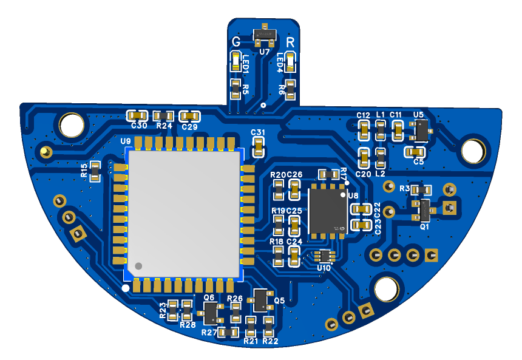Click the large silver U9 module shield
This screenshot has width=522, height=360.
tap(184, 214)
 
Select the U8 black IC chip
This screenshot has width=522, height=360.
tap(328, 211)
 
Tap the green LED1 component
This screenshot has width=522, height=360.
tap(236, 61)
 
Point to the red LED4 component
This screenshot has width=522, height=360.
tap(291, 63)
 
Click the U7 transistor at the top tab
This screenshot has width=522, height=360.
tap(265, 35)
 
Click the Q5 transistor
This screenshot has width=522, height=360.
tap(260, 301)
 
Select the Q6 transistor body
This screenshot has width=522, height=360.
tap(211, 313)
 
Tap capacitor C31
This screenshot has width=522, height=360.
tap(259, 147)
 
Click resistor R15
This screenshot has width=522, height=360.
tap(95, 171)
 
